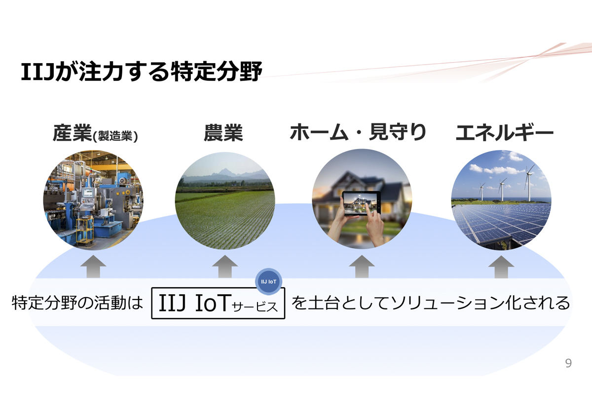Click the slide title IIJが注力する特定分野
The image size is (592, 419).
142,72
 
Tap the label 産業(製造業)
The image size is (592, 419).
95,133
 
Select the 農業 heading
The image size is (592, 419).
223,133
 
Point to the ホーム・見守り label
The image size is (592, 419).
358,132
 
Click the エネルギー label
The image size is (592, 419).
505,132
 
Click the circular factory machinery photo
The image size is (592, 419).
93,200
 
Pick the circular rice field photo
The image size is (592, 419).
225,201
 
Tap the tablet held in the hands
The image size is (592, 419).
361,203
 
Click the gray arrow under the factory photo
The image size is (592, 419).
93,267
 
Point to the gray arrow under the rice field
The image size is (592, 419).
225,267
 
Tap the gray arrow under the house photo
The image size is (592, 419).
362,267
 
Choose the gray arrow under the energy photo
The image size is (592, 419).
501,267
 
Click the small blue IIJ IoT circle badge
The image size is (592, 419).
268,281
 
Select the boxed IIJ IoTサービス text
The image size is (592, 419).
218,303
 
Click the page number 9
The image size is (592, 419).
568,363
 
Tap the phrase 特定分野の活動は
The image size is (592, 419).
77,303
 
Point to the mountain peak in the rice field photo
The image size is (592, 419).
224,169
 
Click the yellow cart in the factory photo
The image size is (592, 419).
85,230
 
